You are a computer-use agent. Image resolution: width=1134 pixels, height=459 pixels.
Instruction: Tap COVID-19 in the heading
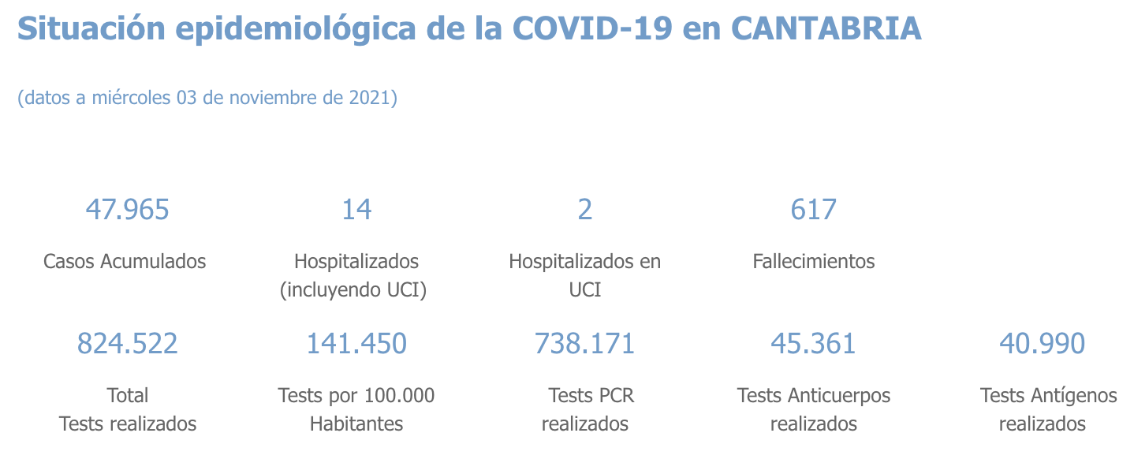[x=592, y=29]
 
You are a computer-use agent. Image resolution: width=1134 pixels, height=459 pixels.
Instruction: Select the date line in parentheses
[x=207, y=99]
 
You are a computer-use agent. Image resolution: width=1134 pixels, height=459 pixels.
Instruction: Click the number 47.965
[x=127, y=210]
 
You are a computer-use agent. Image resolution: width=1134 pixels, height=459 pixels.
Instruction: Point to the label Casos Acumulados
[x=125, y=261]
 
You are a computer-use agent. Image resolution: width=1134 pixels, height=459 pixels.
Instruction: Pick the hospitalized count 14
[x=356, y=210]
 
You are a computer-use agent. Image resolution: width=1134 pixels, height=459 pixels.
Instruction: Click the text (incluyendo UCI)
[x=353, y=290]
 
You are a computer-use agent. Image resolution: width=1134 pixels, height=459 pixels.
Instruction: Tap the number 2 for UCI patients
[x=584, y=210]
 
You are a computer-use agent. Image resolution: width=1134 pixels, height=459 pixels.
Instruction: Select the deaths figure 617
[x=813, y=210]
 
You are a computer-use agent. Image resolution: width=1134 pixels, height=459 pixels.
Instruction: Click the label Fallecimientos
[x=813, y=261]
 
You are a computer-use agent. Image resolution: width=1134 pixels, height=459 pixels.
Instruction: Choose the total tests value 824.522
[x=127, y=344]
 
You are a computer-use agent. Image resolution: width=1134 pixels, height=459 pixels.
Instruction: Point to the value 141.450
[x=356, y=344]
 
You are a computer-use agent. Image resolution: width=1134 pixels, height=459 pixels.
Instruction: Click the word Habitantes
[x=356, y=424]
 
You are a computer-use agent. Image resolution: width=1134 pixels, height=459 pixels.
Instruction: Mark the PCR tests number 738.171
[x=584, y=344]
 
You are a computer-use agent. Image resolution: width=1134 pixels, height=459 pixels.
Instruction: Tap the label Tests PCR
[x=591, y=395]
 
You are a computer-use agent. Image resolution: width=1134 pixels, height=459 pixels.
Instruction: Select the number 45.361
[x=813, y=344]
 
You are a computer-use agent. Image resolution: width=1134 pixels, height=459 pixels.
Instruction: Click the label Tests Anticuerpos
[x=813, y=395]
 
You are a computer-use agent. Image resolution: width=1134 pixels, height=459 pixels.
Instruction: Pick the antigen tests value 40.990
[x=1042, y=344]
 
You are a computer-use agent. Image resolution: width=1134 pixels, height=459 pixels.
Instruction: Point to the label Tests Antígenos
[x=1048, y=395]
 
